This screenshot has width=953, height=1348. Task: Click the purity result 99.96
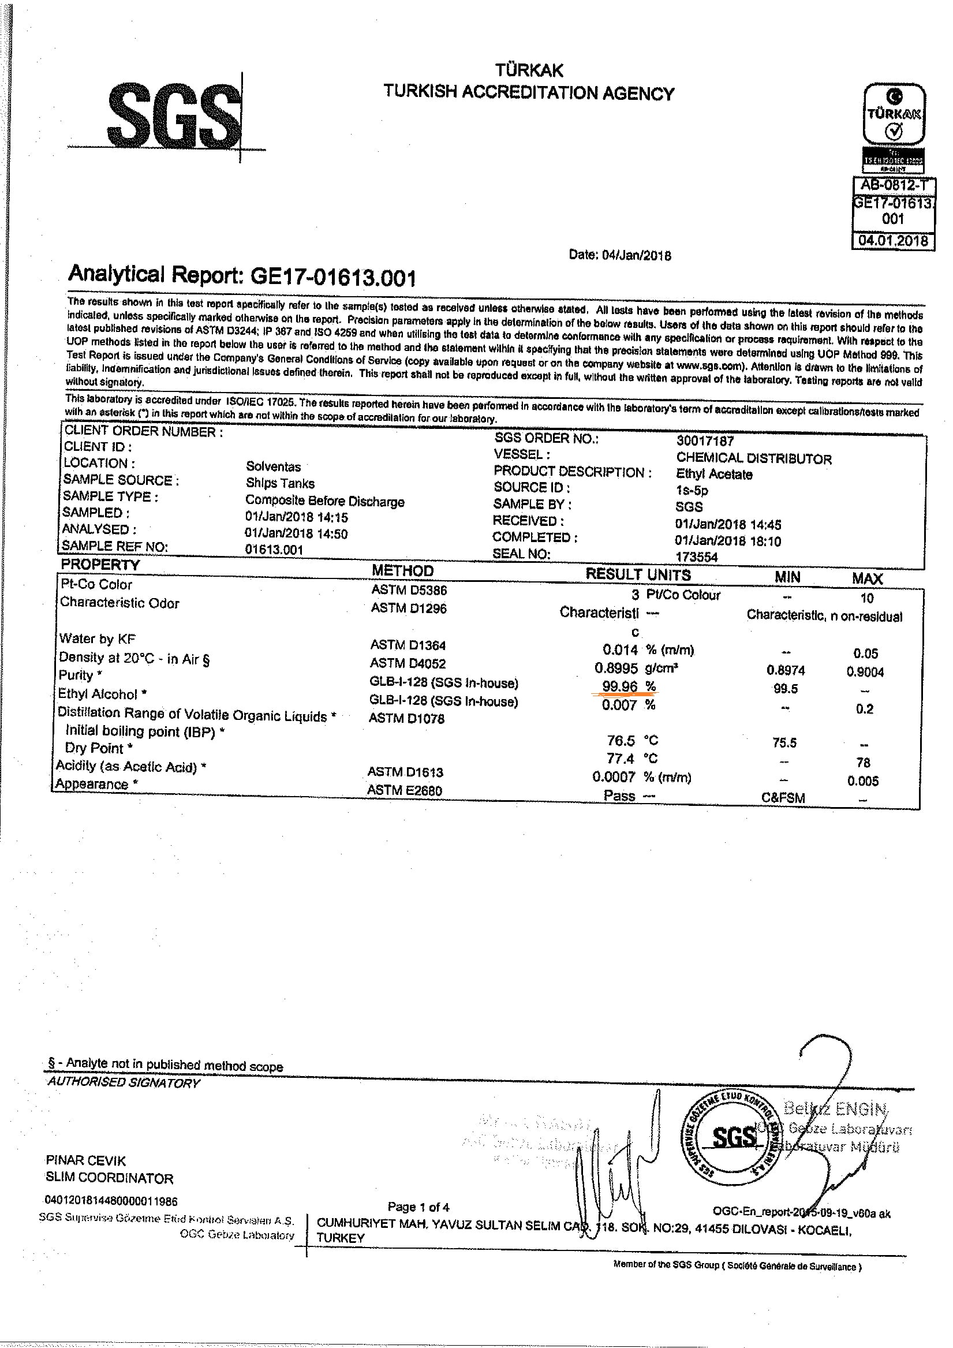click(x=619, y=686)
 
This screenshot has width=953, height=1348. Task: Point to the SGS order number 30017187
click(x=705, y=440)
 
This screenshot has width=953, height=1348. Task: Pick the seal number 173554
click(x=696, y=557)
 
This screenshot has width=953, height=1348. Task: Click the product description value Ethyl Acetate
click(x=714, y=474)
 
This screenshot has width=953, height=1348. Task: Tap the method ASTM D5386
click(x=409, y=589)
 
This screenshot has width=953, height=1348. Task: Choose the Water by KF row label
click(x=97, y=638)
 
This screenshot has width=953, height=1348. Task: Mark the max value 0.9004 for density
click(x=865, y=671)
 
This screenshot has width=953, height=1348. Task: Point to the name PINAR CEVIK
click(x=86, y=1161)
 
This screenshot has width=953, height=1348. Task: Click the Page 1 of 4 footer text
click(x=418, y=1207)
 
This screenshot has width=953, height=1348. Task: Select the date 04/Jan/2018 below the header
click(x=619, y=255)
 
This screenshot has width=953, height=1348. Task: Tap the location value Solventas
click(x=273, y=467)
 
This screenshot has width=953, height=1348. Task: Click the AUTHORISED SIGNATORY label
click(x=124, y=1083)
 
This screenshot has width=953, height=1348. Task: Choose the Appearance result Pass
click(x=619, y=796)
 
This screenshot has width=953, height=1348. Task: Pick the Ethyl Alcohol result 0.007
click(x=619, y=704)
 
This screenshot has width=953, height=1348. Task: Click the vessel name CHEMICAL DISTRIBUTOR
click(x=753, y=458)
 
